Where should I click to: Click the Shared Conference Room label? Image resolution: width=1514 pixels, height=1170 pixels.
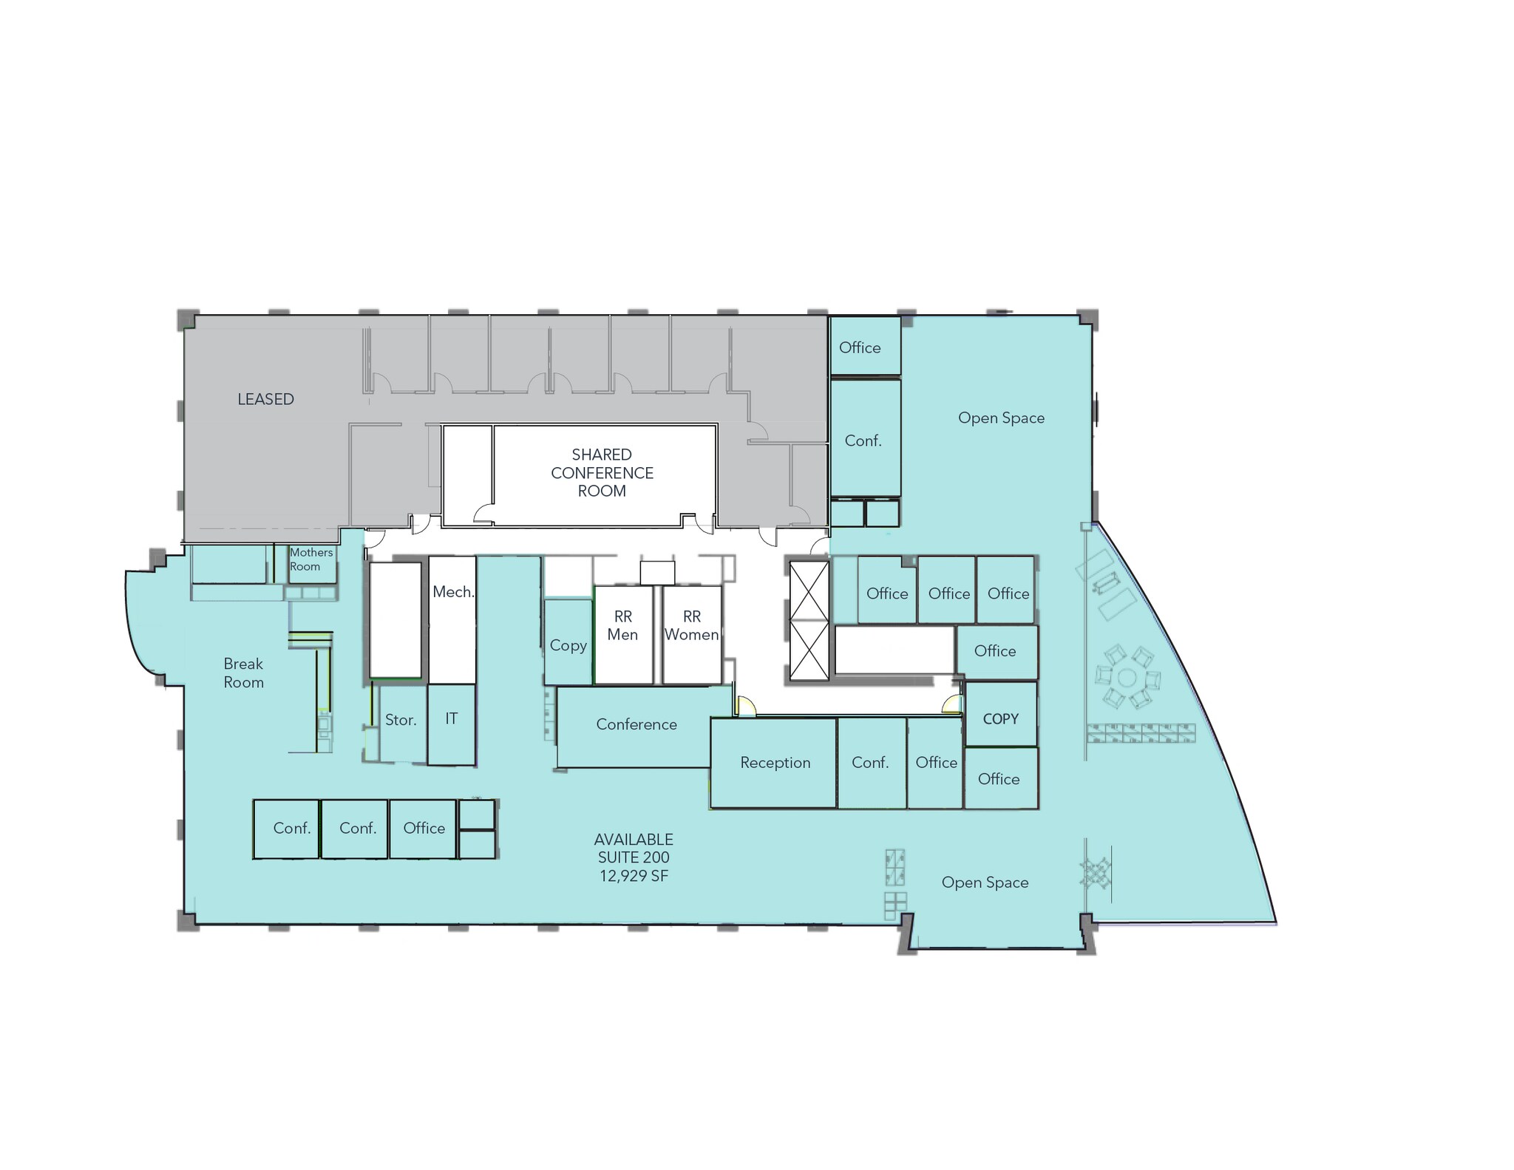(602, 473)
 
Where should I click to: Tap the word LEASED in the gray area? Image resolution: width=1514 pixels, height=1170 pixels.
(265, 399)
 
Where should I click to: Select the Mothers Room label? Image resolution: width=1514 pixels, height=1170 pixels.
(311, 560)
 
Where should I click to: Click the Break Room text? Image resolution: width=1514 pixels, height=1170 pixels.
(243, 673)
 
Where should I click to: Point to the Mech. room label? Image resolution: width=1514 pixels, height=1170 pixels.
(453, 592)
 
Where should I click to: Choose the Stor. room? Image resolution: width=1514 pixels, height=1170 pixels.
(401, 720)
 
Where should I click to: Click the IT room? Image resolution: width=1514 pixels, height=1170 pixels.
(451, 718)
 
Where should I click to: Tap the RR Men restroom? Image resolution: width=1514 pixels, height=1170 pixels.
(622, 626)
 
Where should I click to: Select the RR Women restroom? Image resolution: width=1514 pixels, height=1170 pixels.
(691, 626)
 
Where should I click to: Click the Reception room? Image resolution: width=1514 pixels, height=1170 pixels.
(775, 763)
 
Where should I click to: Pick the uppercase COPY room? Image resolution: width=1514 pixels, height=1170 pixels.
(1000, 719)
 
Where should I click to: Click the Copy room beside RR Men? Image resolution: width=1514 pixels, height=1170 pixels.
(568, 645)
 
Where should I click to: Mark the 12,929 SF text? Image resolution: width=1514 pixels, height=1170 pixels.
(634, 876)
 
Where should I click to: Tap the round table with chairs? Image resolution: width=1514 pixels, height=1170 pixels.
(1127, 678)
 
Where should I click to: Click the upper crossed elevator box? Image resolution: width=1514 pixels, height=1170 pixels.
(809, 591)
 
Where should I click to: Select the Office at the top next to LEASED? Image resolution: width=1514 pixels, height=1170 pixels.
(860, 347)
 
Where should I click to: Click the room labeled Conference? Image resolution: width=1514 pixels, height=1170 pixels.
(636, 725)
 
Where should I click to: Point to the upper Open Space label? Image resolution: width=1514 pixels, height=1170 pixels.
(1001, 418)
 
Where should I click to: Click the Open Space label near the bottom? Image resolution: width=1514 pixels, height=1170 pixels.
(985, 882)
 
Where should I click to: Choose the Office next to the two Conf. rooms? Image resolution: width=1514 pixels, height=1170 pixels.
(424, 829)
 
